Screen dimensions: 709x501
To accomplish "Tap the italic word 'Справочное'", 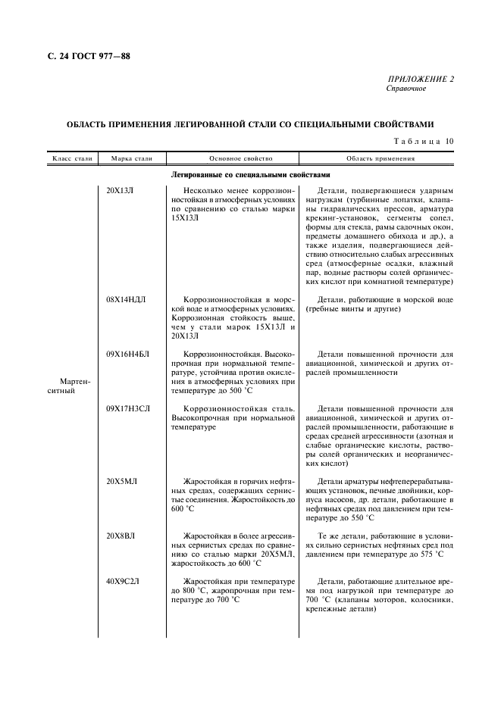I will point(406,89).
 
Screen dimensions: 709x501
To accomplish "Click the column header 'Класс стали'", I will point(72,159).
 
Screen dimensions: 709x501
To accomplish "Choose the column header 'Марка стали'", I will point(132,159).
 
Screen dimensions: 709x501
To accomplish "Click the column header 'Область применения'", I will point(380,159).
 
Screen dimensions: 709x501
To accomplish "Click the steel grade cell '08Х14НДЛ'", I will point(127,300).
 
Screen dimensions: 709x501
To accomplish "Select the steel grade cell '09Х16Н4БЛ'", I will point(128,354).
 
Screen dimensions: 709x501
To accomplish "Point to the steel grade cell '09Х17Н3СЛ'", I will point(128,408).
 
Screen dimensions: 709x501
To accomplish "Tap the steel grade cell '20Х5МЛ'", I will point(121,481).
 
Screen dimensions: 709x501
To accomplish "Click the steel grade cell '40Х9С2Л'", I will point(124,581).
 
